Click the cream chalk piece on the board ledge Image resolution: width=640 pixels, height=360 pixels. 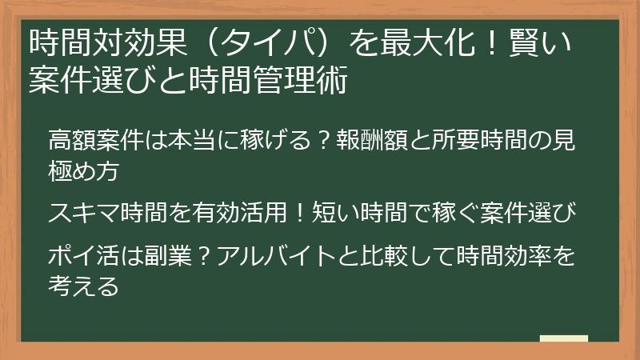(564, 338)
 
